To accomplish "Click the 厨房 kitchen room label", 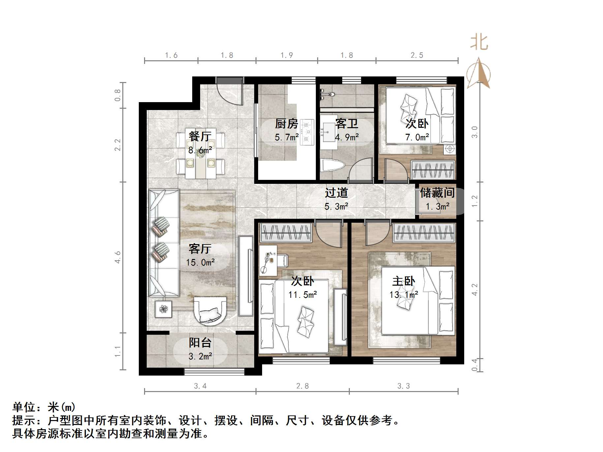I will [x=286, y=124].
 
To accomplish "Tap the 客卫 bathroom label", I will [x=347, y=124].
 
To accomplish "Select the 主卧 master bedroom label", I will [x=404, y=281].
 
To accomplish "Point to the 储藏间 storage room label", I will [x=437, y=193].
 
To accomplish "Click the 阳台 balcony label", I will [x=200, y=343].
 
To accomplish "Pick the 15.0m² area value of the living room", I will [x=200, y=263].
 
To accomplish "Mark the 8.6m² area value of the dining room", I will [x=200, y=150].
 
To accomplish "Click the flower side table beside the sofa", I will [x=164, y=309].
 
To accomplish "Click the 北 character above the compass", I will [x=479, y=43].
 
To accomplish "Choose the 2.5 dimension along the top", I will [x=417, y=55].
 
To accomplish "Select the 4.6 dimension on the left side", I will [x=118, y=257].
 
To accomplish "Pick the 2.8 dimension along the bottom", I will [x=302, y=386].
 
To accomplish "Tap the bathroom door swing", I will [x=361, y=169].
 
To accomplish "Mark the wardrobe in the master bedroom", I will [x=424, y=233].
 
